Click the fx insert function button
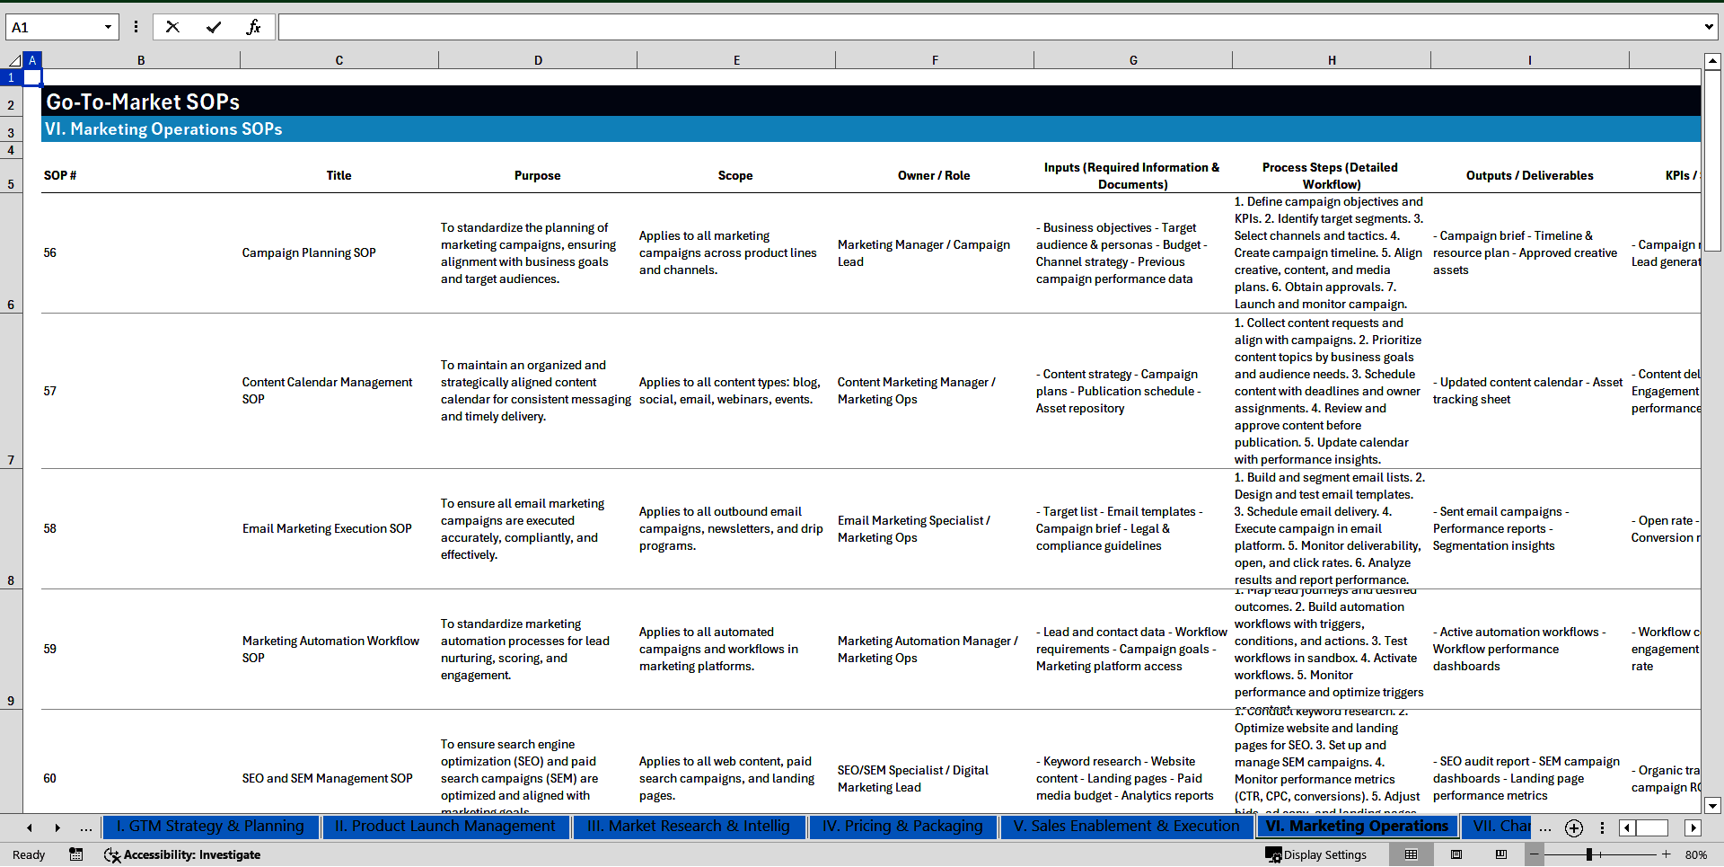click(253, 27)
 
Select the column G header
click(1133, 60)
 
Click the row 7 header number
click(11, 460)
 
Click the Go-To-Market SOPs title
click(143, 102)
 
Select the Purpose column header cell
click(537, 176)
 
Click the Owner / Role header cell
click(934, 176)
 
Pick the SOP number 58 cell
click(50, 529)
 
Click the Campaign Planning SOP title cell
click(309, 253)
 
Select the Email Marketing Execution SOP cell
click(327, 529)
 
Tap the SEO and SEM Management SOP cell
click(327, 779)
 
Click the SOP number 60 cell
click(50, 779)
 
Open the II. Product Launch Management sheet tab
click(444, 827)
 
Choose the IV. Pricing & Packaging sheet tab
click(902, 827)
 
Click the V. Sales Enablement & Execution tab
click(1126, 827)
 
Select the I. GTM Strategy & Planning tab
click(210, 827)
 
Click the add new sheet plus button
click(1574, 828)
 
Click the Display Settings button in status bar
click(1316, 855)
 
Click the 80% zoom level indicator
click(1695, 855)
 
